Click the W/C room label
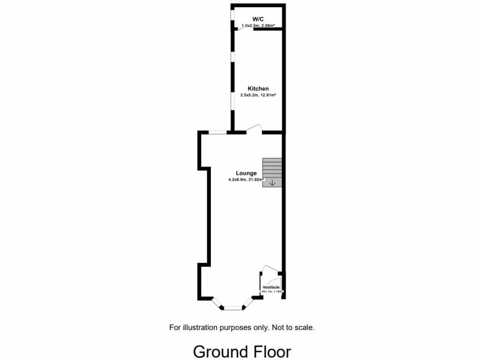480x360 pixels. click(257, 19)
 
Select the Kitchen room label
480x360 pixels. click(258, 89)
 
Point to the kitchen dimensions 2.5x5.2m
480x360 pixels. click(251, 95)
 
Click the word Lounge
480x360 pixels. click(246, 173)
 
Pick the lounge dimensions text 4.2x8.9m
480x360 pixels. click(238, 179)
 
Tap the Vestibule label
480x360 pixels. click(271, 287)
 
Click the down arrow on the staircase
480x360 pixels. click(272, 183)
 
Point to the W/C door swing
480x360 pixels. click(244, 28)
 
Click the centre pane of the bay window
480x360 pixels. click(233, 308)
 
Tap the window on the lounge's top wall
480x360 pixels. click(217, 133)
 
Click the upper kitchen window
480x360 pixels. click(232, 57)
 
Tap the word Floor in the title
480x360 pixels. click(270, 351)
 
